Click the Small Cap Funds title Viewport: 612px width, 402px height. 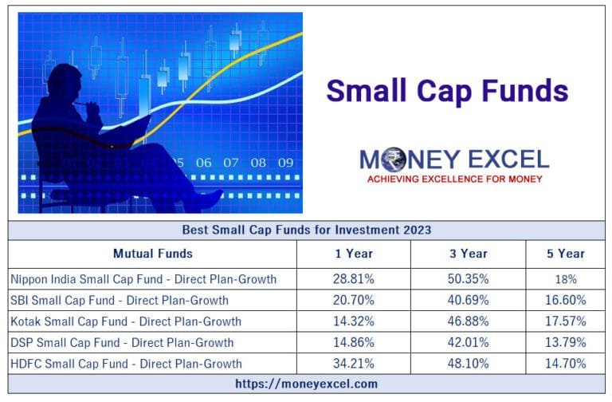pyautogui.click(x=447, y=91)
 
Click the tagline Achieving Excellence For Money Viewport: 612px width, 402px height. pyautogui.click(x=454, y=179)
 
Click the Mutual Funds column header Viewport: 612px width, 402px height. pyautogui.click(x=152, y=254)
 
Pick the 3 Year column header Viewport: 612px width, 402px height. pyautogui.click(x=468, y=254)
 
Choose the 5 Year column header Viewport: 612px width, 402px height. pyautogui.click(x=565, y=254)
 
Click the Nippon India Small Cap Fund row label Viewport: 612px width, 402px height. pyautogui.click(x=143, y=279)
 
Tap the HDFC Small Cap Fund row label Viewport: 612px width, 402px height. pyautogui.click(x=125, y=363)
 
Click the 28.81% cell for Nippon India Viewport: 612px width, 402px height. pyautogui.click(x=353, y=279)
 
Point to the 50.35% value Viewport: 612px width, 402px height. pyautogui.click(x=468, y=279)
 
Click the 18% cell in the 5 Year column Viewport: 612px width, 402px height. pyautogui.click(x=565, y=280)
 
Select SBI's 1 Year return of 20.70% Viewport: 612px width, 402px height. pyautogui.click(x=353, y=301)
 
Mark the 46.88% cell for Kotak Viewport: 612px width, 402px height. pyautogui.click(x=468, y=321)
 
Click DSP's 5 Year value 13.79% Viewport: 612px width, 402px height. pyautogui.click(x=565, y=342)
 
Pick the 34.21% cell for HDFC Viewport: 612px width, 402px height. pyautogui.click(x=353, y=363)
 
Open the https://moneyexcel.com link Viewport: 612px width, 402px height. pyautogui.click(x=306, y=384)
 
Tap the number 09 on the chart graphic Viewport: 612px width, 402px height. pyautogui.click(x=284, y=163)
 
